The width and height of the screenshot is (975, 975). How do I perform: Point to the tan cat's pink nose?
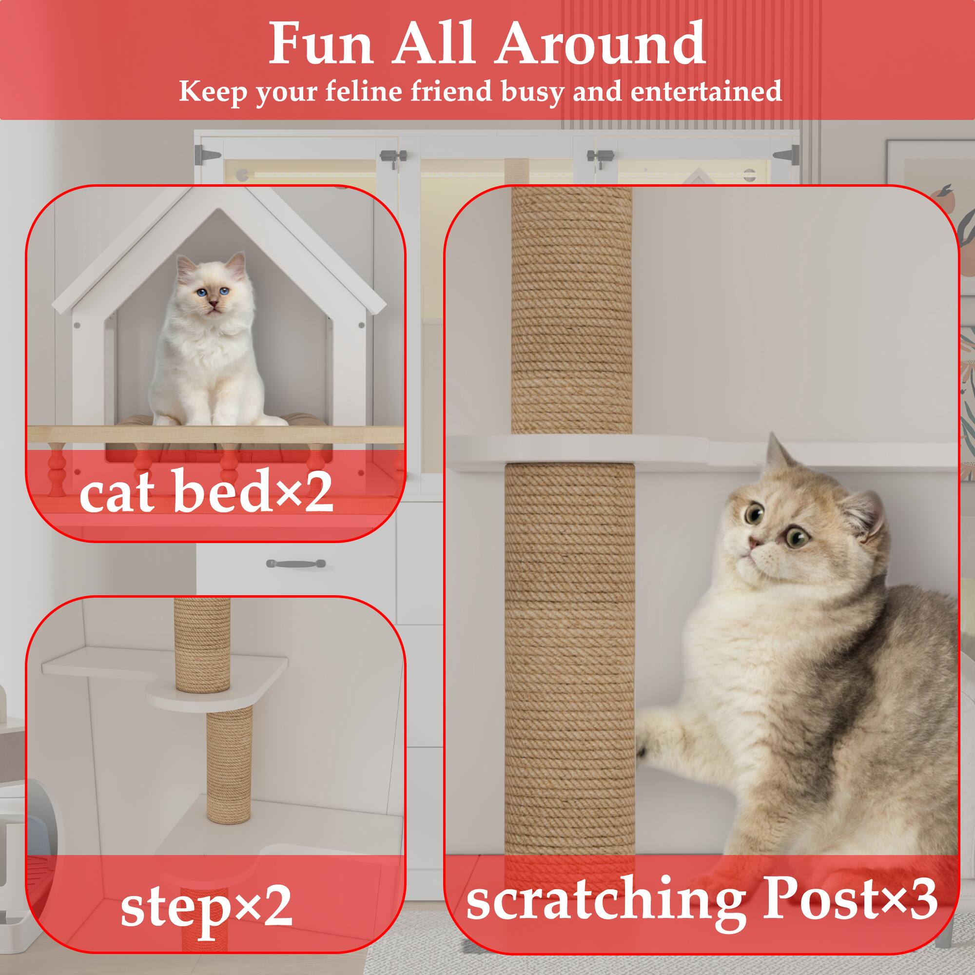point(754,543)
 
